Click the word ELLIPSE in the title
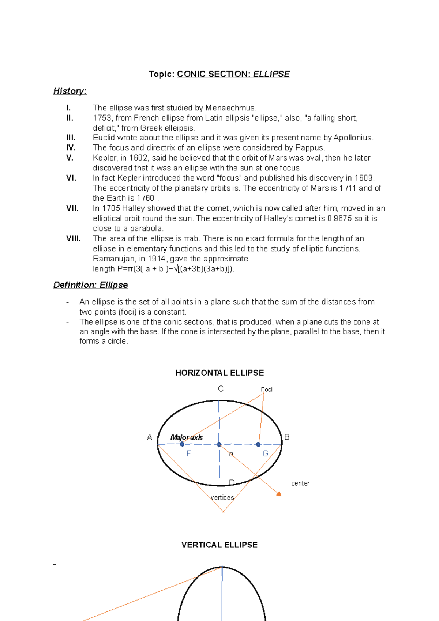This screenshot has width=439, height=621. tap(271, 74)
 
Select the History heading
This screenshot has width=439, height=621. tap(70, 91)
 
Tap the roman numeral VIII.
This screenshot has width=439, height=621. tap(73, 238)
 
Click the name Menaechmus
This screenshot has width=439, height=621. tap(231, 108)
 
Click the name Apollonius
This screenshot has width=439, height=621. tap(353, 138)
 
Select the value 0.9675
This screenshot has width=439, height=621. tap(339, 218)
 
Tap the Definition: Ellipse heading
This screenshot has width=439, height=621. tap(90, 285)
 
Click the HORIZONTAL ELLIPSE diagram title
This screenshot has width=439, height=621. tap(219, 373)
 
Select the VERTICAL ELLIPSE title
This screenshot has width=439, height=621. tap(219, 545)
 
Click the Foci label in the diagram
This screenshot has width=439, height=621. tap(267, 389)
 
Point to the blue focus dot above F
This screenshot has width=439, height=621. tap(182, 444)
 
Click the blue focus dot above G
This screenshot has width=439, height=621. tap(258, 444)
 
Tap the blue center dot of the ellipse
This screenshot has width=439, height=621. tap(219, 444)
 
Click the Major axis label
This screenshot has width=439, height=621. tap(187, 437)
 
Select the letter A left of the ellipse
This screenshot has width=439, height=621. tap(149, 437)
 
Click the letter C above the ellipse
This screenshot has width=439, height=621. tap(221, 389)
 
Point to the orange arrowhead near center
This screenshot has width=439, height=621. tap(279, 494)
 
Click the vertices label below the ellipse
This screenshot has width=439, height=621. tap(222, 497)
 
